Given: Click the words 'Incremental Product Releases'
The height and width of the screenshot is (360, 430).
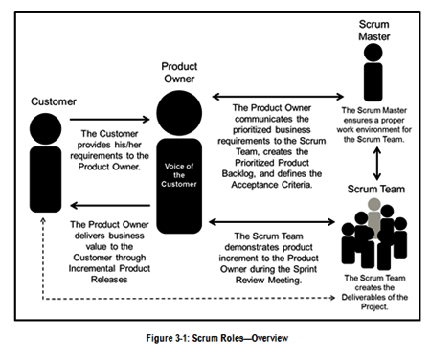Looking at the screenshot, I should [105, 270].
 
